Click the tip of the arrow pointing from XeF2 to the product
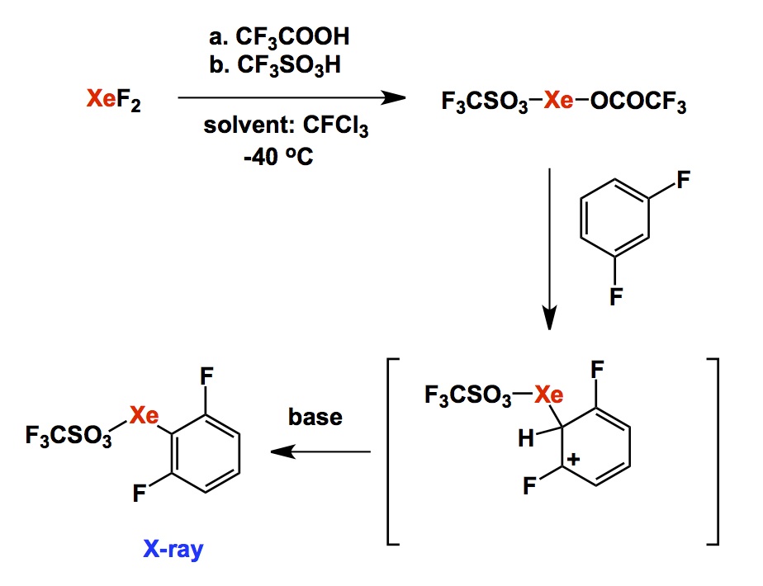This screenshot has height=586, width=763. tap(405, 97)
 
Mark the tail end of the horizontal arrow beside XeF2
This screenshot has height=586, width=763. tap(178, 97)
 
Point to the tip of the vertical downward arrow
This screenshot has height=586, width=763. tap(549, 329)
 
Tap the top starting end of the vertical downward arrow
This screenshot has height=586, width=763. tap(549, 168)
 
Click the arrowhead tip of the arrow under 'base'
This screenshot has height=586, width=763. tap(271, 451)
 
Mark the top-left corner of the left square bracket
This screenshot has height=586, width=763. tap(387, 359)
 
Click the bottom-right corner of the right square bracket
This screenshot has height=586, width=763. tap(718, 544)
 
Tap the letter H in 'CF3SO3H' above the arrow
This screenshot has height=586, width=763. tap(332, 65)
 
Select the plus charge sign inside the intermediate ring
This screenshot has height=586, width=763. tap(573, 459)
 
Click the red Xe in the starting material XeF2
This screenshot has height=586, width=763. tap(102, 98)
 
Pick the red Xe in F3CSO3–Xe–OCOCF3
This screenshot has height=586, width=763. tap(558, 101)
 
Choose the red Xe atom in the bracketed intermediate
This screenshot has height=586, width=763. tap(549, 395)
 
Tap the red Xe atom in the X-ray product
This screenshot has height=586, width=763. tap(144, 415)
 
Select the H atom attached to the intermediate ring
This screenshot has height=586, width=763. tap(526, 438)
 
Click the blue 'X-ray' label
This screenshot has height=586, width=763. tap(173, 550)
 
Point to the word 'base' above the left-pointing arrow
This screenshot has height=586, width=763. tap(315, 417)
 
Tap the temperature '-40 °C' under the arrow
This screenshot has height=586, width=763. tap(278, 157)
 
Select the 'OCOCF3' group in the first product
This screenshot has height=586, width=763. tap(638, 102)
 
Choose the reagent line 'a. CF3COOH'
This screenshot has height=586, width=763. tap(279, 37)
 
